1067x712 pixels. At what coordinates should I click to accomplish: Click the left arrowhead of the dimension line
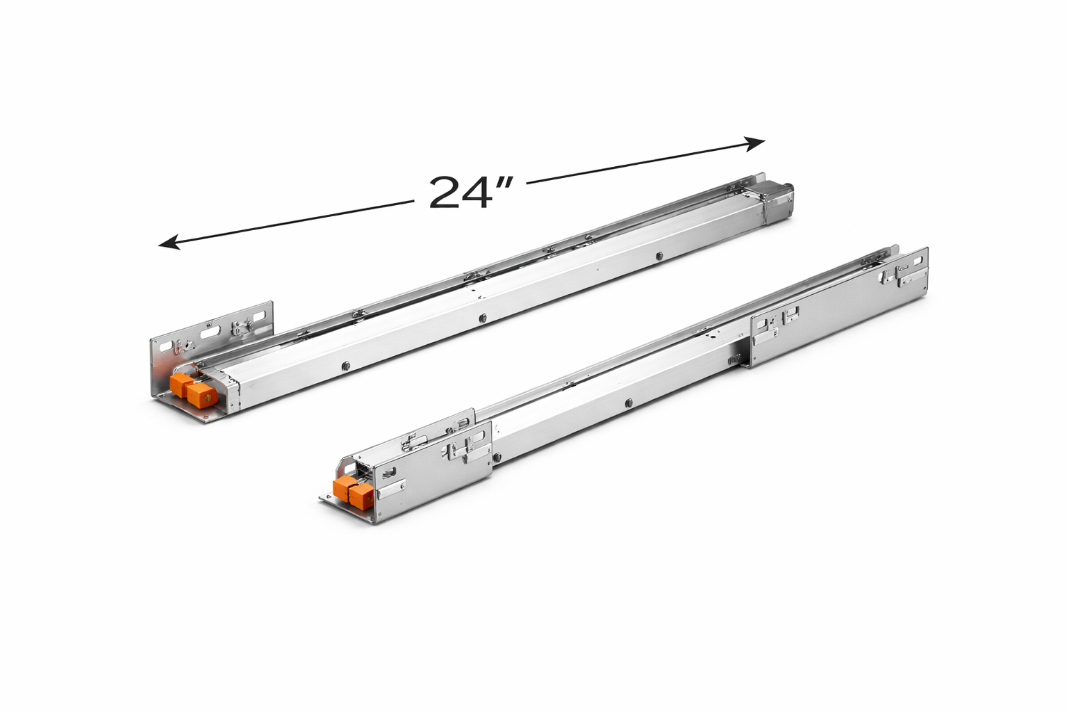click(x=169, y=243)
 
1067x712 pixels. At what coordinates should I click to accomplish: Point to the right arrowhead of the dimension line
click(x=754, y=143)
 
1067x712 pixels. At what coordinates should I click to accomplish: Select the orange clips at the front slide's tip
click(x=351, y=493)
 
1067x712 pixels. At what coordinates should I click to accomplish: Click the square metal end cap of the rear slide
click(x=778, y=202)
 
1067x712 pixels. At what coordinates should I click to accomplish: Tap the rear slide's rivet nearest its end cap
click(x=659, y=256)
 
